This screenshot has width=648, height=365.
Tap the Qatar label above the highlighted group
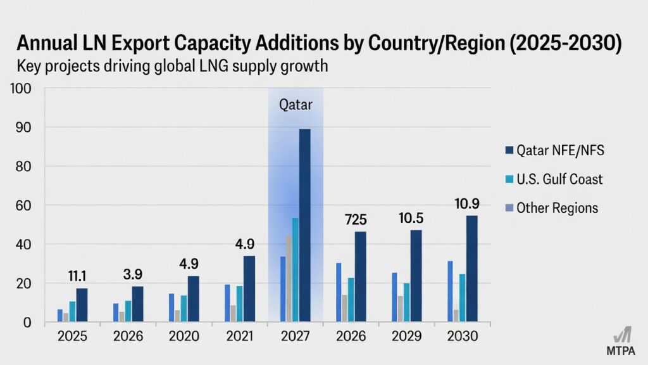(x=296, y=105)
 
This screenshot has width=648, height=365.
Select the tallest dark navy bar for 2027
(x=304, y=225)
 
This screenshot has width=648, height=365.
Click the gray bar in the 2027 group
(x=289, y=279)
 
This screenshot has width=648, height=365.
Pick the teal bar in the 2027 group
(x=295, y=270)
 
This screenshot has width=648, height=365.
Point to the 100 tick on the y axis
(x=22, y=88)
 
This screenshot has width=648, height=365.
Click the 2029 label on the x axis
(x=406, y=336)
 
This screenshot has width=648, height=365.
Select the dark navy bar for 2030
(x=472, y=269)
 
